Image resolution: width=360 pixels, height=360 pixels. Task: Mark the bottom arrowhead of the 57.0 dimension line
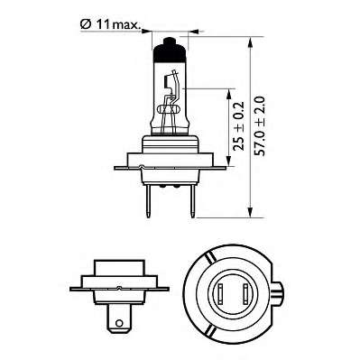pos(249,212)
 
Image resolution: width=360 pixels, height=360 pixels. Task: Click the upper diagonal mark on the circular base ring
pos(209,260)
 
